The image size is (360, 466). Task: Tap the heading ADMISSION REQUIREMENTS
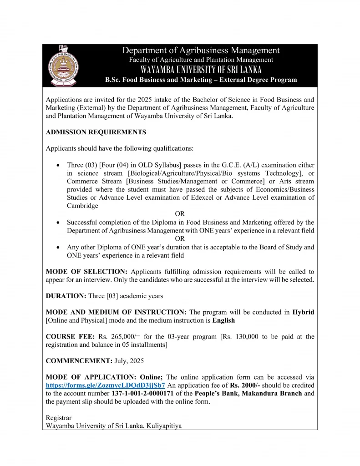(x=96, y=132)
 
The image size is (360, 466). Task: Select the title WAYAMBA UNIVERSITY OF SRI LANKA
(x=201, y=70)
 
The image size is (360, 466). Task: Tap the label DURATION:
(x=66, y=296)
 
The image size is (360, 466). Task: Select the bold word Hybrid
(x=303, y=312)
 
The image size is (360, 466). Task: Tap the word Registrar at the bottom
(x=59, y=417)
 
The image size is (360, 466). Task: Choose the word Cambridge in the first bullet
(x=82, y=206)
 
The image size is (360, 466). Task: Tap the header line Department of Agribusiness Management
(x=201, y=51)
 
